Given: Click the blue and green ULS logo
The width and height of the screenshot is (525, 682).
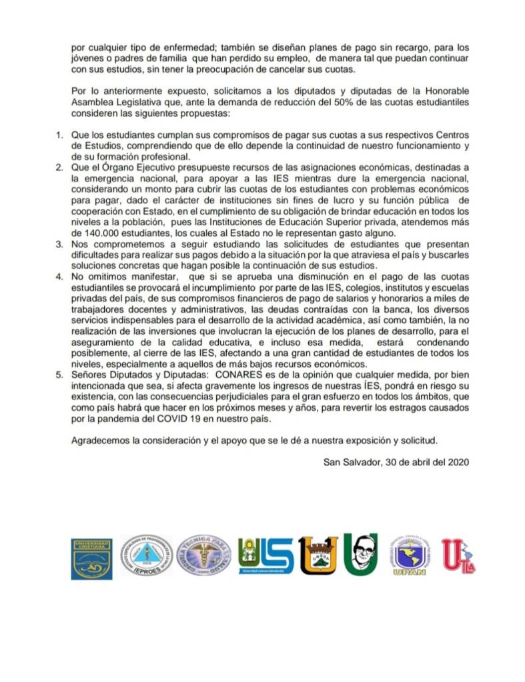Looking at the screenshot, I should tap(266, 557).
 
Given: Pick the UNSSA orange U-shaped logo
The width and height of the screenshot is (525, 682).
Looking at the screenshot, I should tap(318, 555).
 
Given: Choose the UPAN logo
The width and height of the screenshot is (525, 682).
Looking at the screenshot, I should tap(409, 557).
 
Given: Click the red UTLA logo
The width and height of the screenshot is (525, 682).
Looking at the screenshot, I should tap(458, 557).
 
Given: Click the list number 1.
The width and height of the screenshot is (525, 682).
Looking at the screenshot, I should tap(59, 135).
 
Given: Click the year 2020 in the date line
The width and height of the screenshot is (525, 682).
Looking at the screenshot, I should tap(460, 460).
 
